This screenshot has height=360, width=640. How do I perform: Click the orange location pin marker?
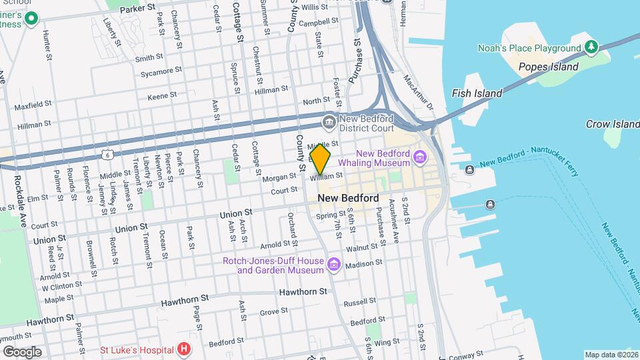320,159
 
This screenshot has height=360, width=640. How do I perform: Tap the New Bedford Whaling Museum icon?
420,158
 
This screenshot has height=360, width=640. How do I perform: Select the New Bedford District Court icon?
329,122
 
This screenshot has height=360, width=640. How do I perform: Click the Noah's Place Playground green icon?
591,47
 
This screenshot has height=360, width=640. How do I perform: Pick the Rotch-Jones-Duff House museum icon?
334,266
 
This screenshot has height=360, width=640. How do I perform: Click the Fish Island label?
477,93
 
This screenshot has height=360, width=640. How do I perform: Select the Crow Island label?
612,124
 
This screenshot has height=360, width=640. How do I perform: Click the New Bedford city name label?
348,198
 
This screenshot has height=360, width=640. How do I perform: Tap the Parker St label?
139,9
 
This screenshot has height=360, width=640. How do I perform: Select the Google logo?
21,352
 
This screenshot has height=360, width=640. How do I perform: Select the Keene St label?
162,96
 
